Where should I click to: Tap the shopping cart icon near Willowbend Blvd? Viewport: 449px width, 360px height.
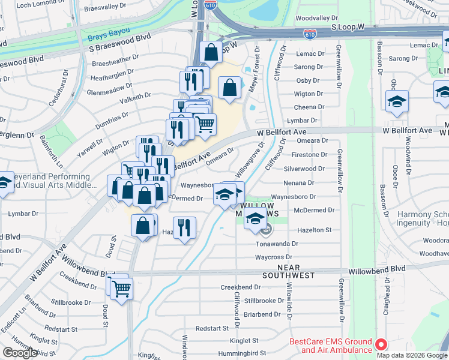(122, 289)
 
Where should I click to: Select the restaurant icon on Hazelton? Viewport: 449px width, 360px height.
(185, 227)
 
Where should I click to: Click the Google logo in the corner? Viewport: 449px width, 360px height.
(20, 353)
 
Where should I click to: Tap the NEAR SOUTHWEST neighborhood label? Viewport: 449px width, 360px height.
(288, 271)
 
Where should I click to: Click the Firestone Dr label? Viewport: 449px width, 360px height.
(310, 155)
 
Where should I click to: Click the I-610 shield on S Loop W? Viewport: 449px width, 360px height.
(309, 35)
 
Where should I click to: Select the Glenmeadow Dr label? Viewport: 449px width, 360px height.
(115, 91)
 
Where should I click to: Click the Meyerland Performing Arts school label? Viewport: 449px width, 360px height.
(52, 181)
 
